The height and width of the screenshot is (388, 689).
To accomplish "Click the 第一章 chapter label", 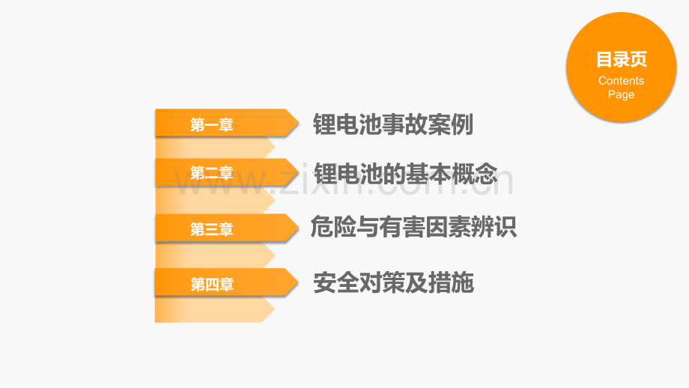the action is (x=211, y=125).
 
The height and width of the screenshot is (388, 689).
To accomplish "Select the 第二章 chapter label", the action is (x=211, y=173).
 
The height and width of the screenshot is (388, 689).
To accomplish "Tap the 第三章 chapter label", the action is (x=211, y=229).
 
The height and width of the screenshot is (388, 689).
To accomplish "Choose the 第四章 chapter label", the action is (x=212, y=285).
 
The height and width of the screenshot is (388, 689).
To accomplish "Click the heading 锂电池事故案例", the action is (x=393, y=124).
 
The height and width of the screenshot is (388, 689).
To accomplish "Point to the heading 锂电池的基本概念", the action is (x=405, y=174).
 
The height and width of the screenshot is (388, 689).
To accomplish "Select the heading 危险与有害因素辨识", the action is (x=413, y=227).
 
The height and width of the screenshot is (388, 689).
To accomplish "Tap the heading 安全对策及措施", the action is (x=393, y=282).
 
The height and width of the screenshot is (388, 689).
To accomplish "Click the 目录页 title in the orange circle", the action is (x=622, y=59).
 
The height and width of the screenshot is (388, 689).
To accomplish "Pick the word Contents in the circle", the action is (x=622, y=81).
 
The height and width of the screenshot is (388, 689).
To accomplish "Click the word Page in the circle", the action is (x=622, y=94).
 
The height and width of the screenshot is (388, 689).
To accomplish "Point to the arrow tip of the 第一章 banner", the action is (x=299, y=123).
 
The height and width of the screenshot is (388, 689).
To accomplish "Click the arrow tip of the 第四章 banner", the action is (x=298, y=282).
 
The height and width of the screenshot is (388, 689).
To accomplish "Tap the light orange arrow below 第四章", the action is (x=215, y=309).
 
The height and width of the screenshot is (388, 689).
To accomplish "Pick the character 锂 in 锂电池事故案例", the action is (x=324, y=124).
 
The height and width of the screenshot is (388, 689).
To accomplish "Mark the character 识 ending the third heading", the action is (x=506, y=227).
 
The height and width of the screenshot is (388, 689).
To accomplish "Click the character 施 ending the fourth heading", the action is (x=463, y=282).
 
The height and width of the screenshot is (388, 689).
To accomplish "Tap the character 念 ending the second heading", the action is (x=486, y=174).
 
